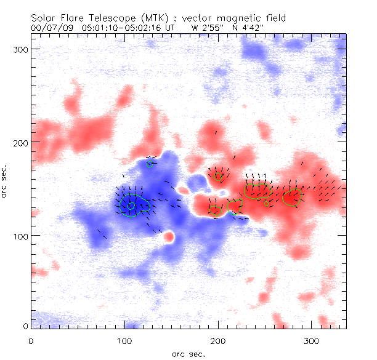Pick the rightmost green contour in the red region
(x=291, y=198)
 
